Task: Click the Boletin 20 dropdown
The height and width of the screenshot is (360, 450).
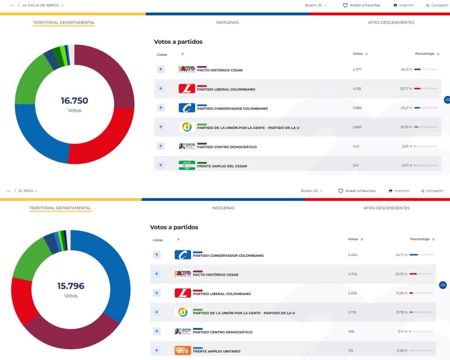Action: [x=316, y=5]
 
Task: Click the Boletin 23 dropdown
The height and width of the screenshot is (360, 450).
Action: [x=311, y=191]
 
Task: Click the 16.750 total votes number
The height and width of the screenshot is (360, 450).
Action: [x=74, y=101]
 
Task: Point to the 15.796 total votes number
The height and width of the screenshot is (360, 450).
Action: [x=71, y=286]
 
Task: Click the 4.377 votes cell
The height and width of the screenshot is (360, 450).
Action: [x=357, y=69]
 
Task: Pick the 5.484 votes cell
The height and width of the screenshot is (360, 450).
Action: [x=353, y=255]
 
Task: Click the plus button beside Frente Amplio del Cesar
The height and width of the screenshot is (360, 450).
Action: [x=160, y=165]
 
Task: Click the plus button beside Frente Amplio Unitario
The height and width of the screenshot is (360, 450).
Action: [x=156, y=350]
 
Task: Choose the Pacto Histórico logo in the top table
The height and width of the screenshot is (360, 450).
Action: [x=187, y=69]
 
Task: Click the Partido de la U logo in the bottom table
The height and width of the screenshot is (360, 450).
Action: [x=183, y=312]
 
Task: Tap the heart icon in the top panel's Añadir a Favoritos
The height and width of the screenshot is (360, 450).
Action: [x=345, y=5]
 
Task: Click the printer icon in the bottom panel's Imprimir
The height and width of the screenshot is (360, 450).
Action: [x=391, y=191]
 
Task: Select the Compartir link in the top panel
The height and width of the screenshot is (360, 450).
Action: [x=437, y=5]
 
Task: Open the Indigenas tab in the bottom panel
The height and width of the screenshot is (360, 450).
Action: [x=223, y=208]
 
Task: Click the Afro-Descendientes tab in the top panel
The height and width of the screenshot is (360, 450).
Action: [x=391, y=22]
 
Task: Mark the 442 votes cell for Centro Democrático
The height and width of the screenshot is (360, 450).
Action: [x=356, y=146]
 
